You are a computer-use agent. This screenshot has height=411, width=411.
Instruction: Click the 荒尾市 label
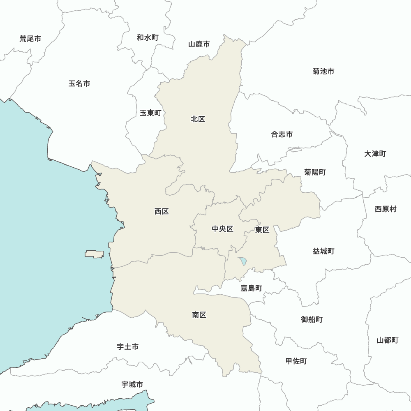pyautogui.click(x=30, y=39)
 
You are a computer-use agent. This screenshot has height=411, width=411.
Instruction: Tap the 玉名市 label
pyautogui.click(x=79, y=83)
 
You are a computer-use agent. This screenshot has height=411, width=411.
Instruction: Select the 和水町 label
pyautogui.click(x=148, y=37)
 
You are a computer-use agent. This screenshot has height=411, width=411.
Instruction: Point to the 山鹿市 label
pyautogui.click(x=199, y=44)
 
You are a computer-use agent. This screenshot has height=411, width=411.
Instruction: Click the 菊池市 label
pyautogui.click(x=323, y=71)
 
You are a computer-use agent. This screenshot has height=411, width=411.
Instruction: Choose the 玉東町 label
pyautogui.click(x=150, y=113)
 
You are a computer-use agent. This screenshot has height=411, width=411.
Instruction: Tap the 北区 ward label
pyautogui.click(x=198, y=119)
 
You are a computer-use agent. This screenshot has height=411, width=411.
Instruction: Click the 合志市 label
pyautogui.click(x=282, y=134)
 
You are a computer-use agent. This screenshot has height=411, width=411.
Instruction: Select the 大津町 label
pyautogui.click(x=375, y=154)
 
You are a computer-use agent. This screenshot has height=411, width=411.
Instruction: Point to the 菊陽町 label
pyautogui.click(x=315, y=172)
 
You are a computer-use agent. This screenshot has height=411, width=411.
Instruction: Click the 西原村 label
pyautogui.click(x=386, y=209)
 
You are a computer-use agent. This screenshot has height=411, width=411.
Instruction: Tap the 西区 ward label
pyautogui.click(x=162, y=211)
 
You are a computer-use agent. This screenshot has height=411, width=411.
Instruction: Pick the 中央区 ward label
pyautogui.click(x=222, y=229)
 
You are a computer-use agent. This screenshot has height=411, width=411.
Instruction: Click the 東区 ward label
pyautogui.click(x=262, y=230)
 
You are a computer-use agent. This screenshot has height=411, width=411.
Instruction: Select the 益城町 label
pyautogui.click(x=323, y=251)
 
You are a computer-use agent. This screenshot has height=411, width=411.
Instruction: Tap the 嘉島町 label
pyautogui.click(x=251, y=288)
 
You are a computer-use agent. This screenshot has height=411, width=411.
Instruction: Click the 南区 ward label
pyautogui.click(x=199, y=315)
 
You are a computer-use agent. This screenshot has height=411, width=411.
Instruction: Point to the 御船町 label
pyautogui.click(x=312, y=319)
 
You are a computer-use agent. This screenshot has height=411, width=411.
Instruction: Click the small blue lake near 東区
pyautogui.click(x=242, y=261)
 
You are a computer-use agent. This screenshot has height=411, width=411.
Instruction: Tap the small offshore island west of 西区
pyautogui.click(x=95, y=254)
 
